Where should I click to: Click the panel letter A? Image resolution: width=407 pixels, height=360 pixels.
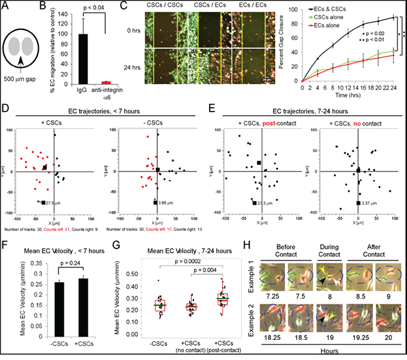click(x=6, y=6)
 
